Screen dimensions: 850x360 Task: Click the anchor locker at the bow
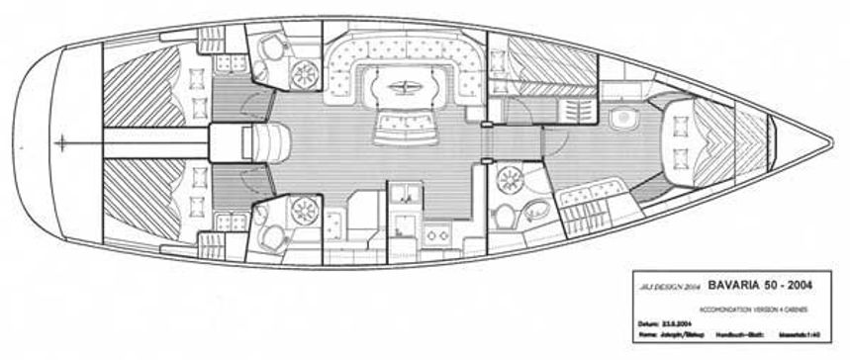pyautogui.click(x=757, y=140)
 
